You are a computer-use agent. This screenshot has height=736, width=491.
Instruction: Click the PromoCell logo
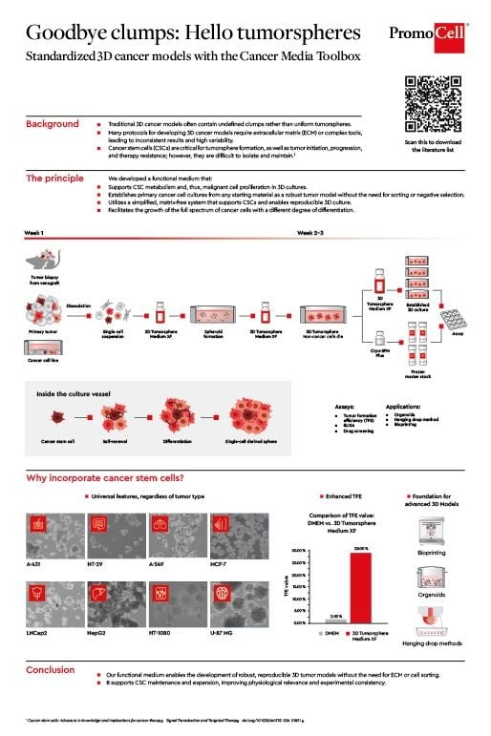429,35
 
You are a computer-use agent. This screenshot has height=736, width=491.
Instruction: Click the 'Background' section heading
53,125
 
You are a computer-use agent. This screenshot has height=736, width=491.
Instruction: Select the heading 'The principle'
59,179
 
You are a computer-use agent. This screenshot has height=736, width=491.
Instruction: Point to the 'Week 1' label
33,233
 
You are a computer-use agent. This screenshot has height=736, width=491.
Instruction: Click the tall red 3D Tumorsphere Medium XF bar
360,586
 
